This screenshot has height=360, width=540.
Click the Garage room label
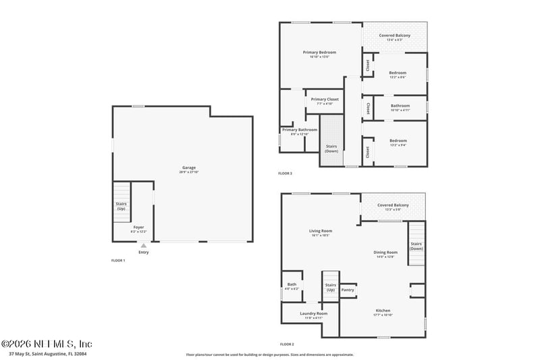[x=188, y=168]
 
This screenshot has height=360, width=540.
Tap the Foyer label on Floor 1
[x=138, y=227]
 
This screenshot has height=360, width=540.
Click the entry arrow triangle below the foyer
[x=143, y=246]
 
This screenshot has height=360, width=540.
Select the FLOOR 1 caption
[x=118, y=260]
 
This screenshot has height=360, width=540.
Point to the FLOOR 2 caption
[x=288, y=344]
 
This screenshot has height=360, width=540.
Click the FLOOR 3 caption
[x=285, y=174]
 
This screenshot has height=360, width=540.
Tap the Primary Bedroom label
[x=319, y=52]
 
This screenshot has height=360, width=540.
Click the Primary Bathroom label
[x=300, y=130]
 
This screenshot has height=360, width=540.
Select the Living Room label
[x=321, y=231]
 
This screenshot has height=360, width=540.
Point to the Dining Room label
[x=385, y=252]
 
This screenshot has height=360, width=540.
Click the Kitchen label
[x=383, y=311]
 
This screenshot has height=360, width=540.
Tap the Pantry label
[x=348, y=290]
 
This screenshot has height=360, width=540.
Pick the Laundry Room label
[x=313, y=313]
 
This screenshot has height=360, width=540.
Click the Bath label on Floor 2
[x=292, y=284]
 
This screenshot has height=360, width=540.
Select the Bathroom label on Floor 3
[x=400, y=105]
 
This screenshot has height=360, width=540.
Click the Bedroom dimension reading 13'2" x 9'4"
[x=398, y=145]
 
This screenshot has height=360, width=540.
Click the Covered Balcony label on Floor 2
[x=393, y=205]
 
